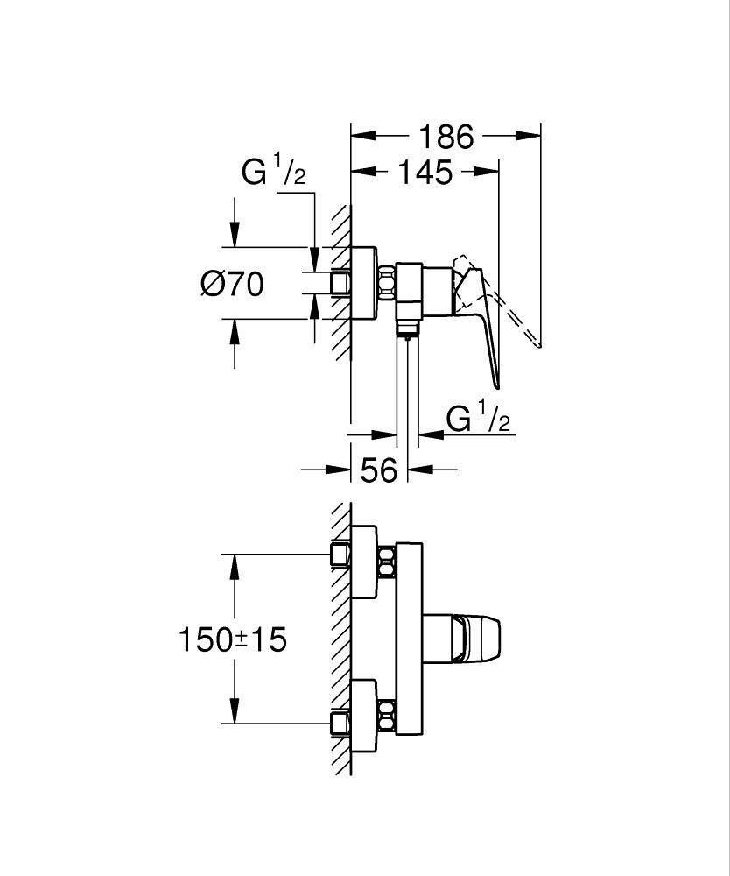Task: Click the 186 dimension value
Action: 446,137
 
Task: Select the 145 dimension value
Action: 424,173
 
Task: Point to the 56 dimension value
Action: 379,470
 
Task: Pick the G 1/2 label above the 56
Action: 478,420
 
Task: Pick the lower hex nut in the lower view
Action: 386,714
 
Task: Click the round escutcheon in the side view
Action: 364,283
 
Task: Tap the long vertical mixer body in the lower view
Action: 410,639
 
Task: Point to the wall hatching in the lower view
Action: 340,639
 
